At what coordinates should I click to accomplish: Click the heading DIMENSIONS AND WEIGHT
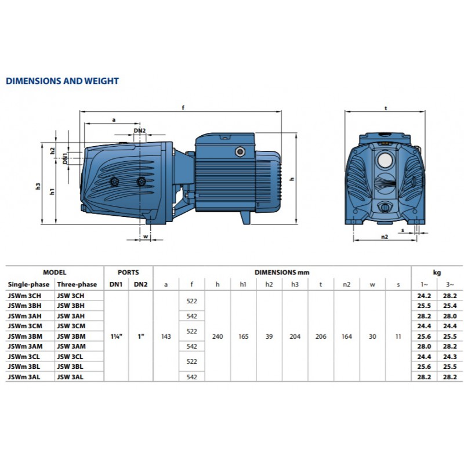[62, 81]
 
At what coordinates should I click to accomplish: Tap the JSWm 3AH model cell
[25, 316]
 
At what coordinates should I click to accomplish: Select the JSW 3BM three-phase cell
[71, 336]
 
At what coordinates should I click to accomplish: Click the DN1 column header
[115, 284]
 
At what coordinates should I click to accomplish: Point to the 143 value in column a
[166, 336]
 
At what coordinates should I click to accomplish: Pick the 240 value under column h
[217, 336]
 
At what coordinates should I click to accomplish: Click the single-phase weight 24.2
[424, 296]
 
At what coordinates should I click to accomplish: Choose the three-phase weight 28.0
[450, 316]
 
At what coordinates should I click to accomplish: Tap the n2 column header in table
[346, 284]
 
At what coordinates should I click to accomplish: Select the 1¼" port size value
[117, 336]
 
